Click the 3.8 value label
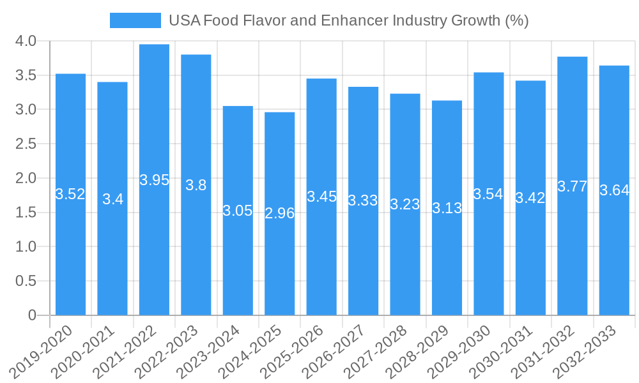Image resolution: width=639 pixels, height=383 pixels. pyautogui.click(x=196, y=185)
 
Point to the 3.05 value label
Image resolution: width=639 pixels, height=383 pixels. pyautogui.click(x=238, y=211)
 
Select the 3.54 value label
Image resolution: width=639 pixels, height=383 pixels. pyautogui.click(x=488, y=194)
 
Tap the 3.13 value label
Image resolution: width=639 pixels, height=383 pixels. pyautogui.click(x=447, y=208)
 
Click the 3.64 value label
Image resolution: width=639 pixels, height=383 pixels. pyautogui.click(x=614, y=190)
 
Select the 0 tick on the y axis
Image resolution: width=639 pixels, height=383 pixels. pyautogui.click(x=33, y=315)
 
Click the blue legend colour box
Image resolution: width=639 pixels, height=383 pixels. pyautogui.click(x=135, y=20)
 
